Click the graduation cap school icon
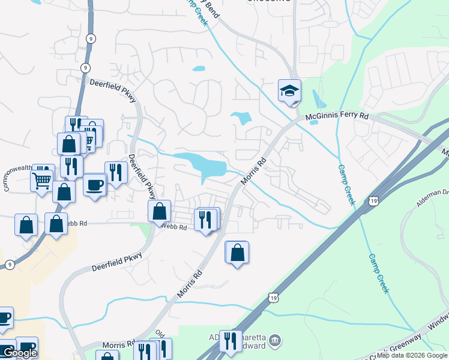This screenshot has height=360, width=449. pyautogui.click(x=289, y=91)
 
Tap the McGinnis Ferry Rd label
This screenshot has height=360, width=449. pyautogui.click(x=337, y=115)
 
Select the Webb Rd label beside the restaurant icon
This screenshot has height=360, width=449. pyautogui.click(x=174, y=227)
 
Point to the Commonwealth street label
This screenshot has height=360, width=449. pyautogui.click(x=17, y=178)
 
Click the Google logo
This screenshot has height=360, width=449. pyautogui.click(x=19, y=353)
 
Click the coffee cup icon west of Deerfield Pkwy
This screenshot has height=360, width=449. pyautogui.click(x=94, y=184)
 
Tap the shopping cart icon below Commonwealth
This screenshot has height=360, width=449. pyautogui.click(x=42, y=179)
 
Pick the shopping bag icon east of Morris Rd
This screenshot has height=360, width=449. pyautogui.click(x=238, y=253)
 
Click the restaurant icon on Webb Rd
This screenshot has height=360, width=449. pyautogui.click(x=206, y=220)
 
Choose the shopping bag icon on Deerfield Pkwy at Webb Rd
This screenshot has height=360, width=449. pyautogui.click(x=159, y=211)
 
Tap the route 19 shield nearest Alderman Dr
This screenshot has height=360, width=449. pyautogui.click(x=374, y=200)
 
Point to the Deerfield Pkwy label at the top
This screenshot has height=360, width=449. pyautogui.click(x=113, y=90)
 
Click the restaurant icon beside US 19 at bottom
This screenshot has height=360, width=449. pyautogui.click(x=231, y=341)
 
